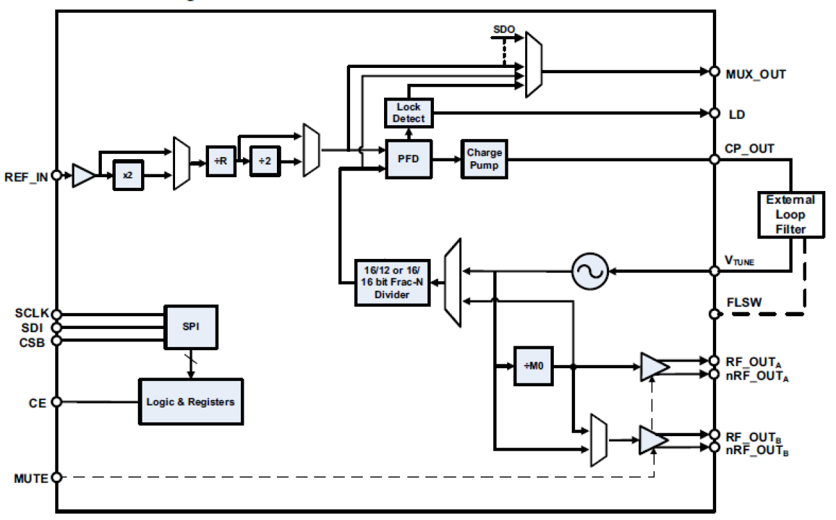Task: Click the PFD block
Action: click(409, 159)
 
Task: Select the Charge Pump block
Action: click(484, 159)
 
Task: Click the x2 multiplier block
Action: click(128, 176)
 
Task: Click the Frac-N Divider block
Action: click(391, 282)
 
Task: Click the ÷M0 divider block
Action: click(534, 366)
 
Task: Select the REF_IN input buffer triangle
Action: click(83, 176)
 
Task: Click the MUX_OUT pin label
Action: click(755, 74)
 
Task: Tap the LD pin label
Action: click(737, 115)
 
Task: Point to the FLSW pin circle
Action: click(714, 314)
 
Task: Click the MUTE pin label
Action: click(31, 478)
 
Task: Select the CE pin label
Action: click(37, 402)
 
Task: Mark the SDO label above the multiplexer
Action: click(503, 30)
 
